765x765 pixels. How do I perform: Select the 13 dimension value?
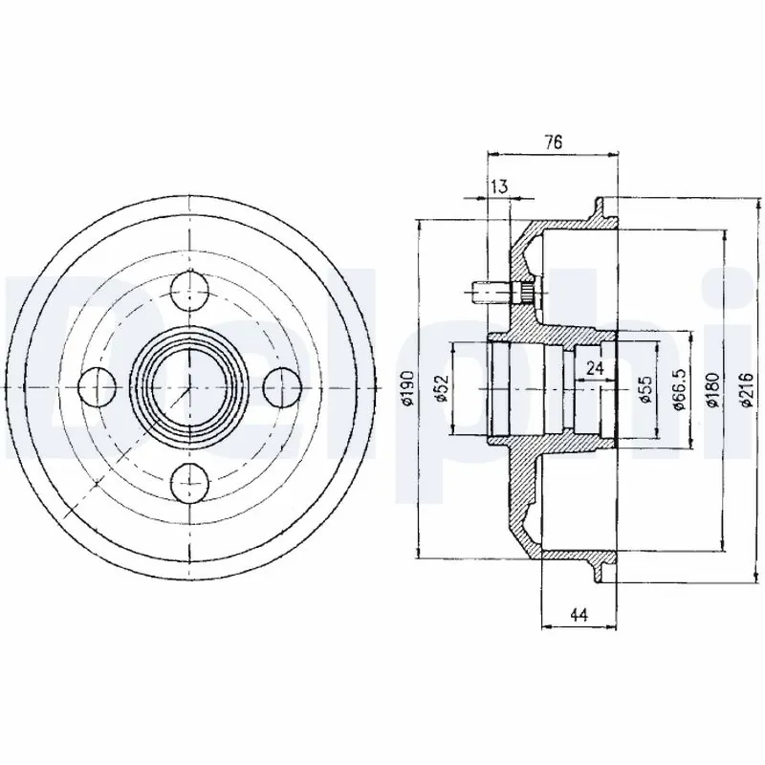[498, 186]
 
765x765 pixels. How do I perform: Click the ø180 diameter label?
[713, 389]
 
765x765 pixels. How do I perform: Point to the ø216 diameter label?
[746, 389]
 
